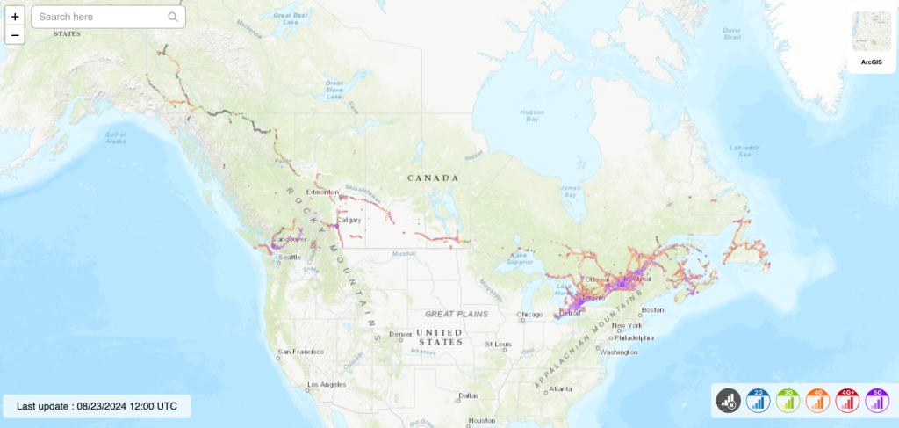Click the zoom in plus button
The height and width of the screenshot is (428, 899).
[15, 17]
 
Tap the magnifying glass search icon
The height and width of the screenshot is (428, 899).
[173, 17]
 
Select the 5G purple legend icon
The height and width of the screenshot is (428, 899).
[877, 401]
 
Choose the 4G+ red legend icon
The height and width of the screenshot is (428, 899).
[847, 401]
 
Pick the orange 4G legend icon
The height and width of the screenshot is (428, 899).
[818, 401]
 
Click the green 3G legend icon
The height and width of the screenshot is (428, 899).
[788, 401]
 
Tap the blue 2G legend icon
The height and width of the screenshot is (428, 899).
[759, 401]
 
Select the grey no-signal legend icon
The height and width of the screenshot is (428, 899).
[728, 401]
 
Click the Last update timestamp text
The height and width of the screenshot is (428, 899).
[97, 406]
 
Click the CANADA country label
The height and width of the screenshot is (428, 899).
[433, 178]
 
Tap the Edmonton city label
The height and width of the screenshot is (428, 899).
[322, 192]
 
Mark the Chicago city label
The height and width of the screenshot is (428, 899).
[529, 314]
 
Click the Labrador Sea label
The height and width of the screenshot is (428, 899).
[744, 150]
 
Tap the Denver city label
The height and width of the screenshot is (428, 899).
[400, 334]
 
